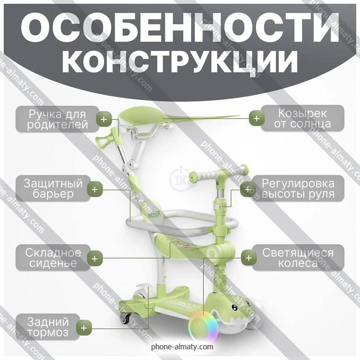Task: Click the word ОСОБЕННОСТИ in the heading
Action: pyautogui.click(x=180, y=27)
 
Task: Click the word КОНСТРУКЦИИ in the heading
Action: pyautogui.click(x=180, y=62)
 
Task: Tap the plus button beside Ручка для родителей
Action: pyautogui.click(x=104, y=119)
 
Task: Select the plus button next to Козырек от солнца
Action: pyautogui.click(x=256, y=119)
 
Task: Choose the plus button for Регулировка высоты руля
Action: pyautogui.click(x=248, y=190)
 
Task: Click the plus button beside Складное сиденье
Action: pyautogui.click(x=95, y=259)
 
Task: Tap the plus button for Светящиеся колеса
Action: pyautogui.click(x=248, y=258)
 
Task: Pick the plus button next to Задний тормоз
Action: pyautogui.click(x=84, y=328)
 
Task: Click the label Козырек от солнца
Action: pyautogui.click(x=302, y=118)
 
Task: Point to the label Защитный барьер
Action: pyautogui.click(x=53, y=188)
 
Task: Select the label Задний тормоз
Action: pyautogui.click(x=48, y=327)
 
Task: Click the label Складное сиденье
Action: pyautogui.click(x=53, y=258)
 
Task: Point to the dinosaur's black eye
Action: pyautogui.click(x=234, y=307)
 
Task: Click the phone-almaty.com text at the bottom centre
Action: pyautogui.click(x=182, y=346)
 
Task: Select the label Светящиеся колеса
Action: pyautogui.click(x=298, y=258)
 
